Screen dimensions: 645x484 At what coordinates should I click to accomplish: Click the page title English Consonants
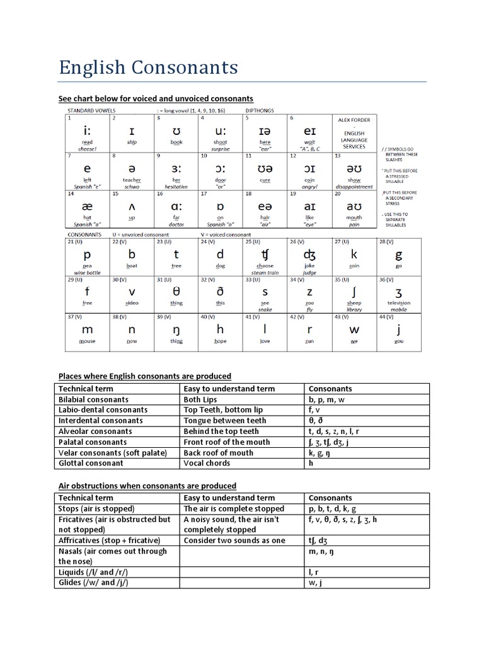pyautogui.click(x=148, y=67)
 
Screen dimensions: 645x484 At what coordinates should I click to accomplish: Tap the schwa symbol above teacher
pyautogui.click(x=132, y=169)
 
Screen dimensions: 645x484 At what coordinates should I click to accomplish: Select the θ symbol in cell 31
pyautogui.click(x=176, y=292)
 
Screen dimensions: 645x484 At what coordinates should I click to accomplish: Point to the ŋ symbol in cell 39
pyautogui.click(x=176, y=329)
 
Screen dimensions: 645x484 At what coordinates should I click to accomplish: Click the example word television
pyautogui.click(x=398, y=303)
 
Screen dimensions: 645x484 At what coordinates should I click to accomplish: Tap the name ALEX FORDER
pyautogui.click(x=354, y=120)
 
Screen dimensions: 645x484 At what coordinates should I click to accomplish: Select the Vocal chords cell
pyautogui.click(x=207, y=463)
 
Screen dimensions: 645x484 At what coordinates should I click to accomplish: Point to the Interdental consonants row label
pyautogui.click(x=101, y=421)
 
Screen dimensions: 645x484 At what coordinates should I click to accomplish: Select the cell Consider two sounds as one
pyautogui.click(x=234, y=540)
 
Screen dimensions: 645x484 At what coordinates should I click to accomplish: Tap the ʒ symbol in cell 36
pyautogui.click(x=398, y=292)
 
